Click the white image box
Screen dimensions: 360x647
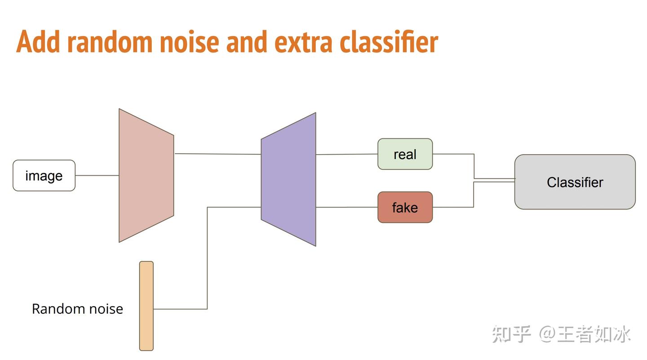(44, 175)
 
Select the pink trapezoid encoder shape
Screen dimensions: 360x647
(146, 175)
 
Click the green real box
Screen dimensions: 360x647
(405, 154)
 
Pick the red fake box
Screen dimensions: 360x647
(405, 207)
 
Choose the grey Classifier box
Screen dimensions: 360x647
(575, 182)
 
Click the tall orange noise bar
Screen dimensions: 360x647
(146, 306)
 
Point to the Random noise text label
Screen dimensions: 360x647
(77, 309)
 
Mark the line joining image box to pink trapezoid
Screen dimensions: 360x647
(97, 175)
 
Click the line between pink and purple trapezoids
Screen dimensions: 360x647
(217, 154)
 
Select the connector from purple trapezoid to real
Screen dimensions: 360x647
(346, 154)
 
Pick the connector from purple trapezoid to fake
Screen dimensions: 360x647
(346, 207)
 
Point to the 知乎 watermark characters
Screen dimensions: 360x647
(511, 334)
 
